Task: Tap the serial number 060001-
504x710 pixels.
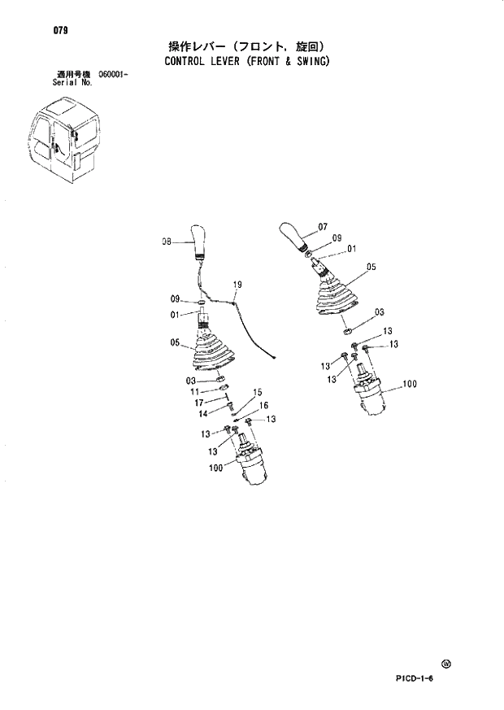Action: (x=115, y=75)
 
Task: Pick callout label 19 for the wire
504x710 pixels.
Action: (x=237, y=285)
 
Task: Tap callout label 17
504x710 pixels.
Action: (x=198, y=403)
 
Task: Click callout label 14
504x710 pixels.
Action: (x=203, y=413)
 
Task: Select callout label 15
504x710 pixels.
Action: (x=258, y=393)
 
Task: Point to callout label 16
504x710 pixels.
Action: (x=263, y=405)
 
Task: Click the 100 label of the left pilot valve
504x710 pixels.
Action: (x=215, y=468)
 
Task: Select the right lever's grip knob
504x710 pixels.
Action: (x=293, y=235)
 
